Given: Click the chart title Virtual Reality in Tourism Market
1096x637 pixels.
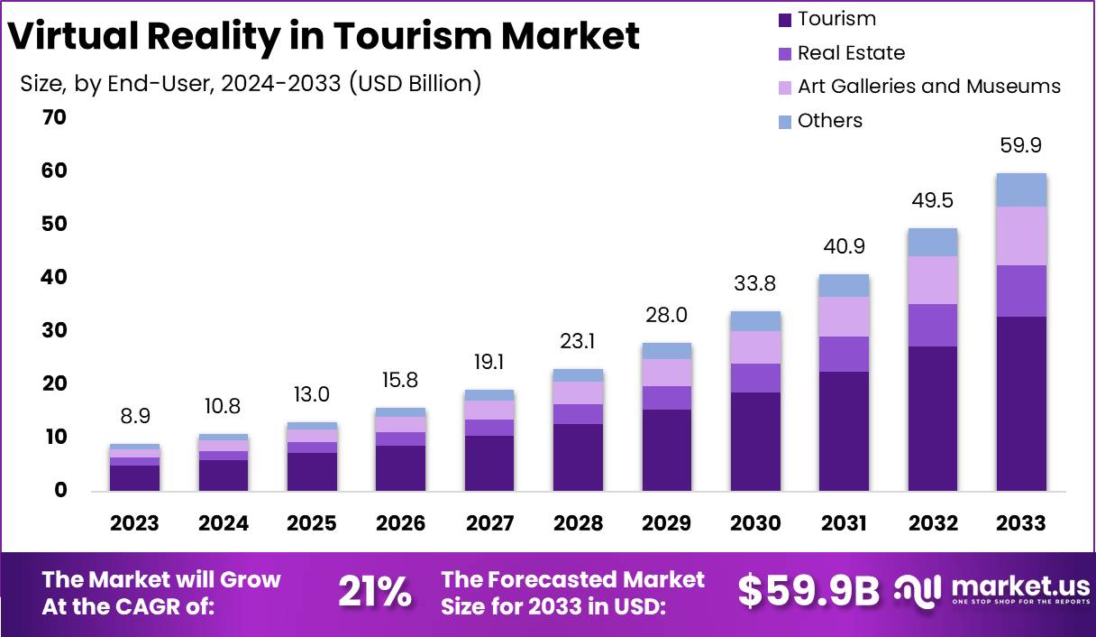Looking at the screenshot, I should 324,36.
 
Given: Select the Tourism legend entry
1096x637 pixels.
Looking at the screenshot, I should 836,19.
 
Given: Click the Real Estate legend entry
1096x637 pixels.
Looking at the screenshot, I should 850,53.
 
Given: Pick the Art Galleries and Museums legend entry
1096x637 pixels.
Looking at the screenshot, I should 928,87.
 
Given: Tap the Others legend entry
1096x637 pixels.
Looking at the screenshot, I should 829,121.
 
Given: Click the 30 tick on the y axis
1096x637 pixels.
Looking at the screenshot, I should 54,331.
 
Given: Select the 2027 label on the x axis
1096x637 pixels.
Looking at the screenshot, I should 489,523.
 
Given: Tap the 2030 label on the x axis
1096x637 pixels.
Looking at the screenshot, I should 755,523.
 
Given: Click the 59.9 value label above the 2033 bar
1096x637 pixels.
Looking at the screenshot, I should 1021,146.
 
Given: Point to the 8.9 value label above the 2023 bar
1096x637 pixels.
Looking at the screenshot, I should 134,418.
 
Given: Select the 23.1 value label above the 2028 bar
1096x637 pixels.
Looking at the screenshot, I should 578,342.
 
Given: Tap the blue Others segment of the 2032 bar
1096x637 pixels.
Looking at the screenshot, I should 933,242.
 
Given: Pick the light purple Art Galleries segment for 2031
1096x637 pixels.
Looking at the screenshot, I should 844,317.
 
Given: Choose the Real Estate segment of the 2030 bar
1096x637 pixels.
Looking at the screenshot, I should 755,378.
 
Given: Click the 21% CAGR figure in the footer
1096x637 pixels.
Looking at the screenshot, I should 374,593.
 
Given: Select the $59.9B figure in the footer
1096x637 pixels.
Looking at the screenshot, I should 808,591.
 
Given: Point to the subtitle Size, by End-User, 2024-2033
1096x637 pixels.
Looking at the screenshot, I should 250,84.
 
